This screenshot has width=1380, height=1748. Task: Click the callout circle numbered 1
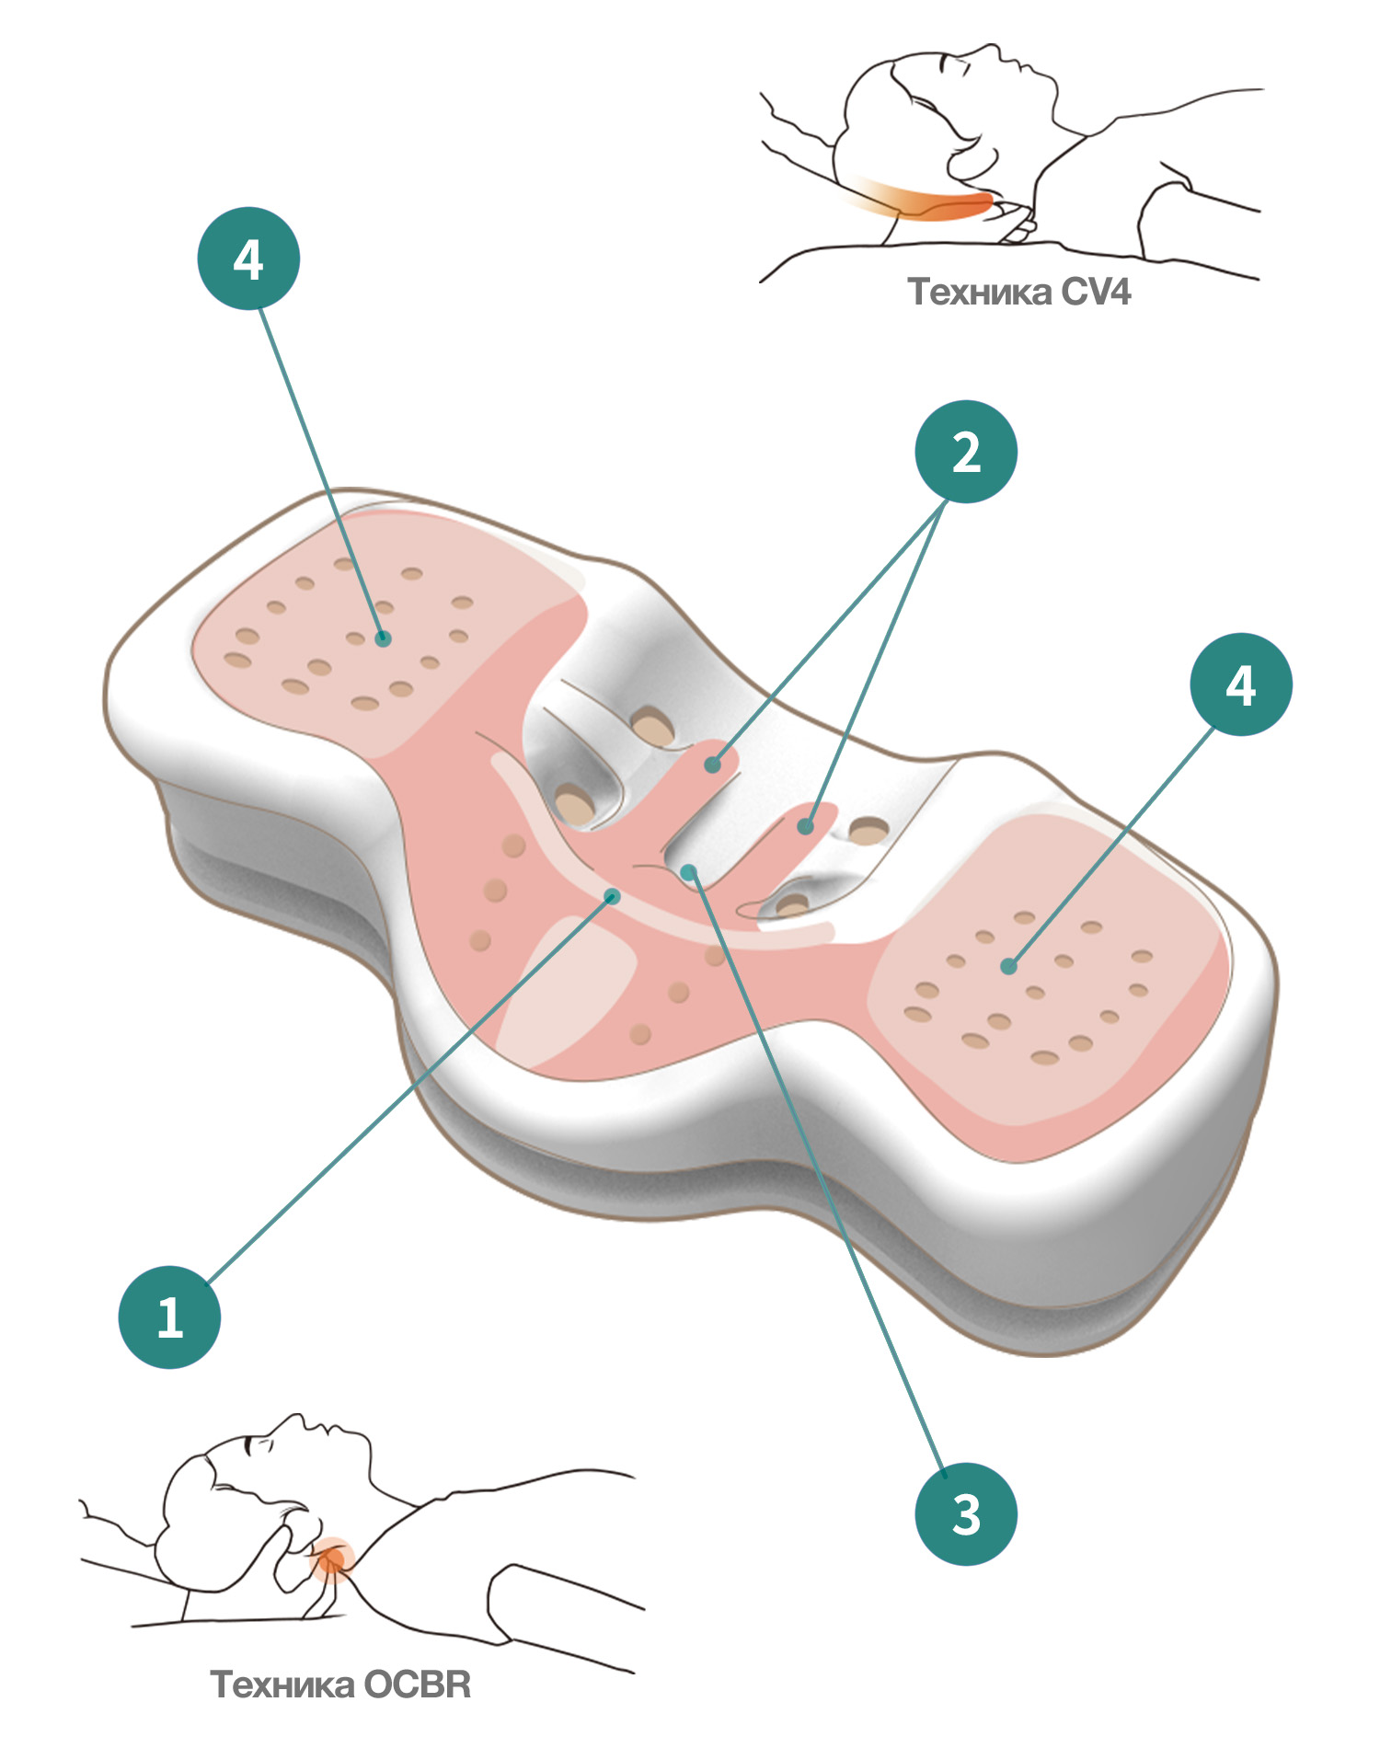click(x=169, y=1317)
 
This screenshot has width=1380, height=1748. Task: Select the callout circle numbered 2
click(x=965, y=452)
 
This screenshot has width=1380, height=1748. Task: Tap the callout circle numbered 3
click(x=965, y=1513)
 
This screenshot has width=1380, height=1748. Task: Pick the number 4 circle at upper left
click(x=248, y=259)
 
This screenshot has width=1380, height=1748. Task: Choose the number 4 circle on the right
click(x=1240, y=684)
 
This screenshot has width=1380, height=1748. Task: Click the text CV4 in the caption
click(x=1096, y=292)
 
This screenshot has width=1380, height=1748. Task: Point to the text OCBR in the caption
click(x=418, y=1685)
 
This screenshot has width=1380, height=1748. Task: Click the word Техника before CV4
click(x=980, y=292)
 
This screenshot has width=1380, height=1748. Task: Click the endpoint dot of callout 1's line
click(x=614, y=895)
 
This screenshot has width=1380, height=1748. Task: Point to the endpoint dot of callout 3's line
click(x=688, y=871)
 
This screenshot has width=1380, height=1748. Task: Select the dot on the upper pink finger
click(x=713, y=765)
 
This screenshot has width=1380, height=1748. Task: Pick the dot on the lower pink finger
click(x=805, y=827)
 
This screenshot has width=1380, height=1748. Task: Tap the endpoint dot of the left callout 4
click(x=383, y=638)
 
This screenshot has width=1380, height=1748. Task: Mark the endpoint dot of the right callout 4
click(x=1009, y=966)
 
